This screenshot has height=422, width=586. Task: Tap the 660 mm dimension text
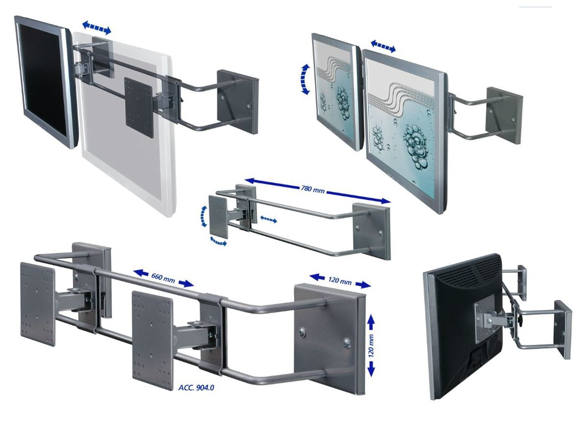(x=163, y=278)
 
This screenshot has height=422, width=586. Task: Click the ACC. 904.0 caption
(x=196, y=388)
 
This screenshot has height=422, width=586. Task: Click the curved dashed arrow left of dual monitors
(x=305, y=79)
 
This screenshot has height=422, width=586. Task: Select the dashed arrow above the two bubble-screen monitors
(x=383, y=46)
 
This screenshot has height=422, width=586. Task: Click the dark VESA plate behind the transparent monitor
(x=138, y=108)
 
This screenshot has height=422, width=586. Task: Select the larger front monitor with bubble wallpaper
(x=406, y=130)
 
